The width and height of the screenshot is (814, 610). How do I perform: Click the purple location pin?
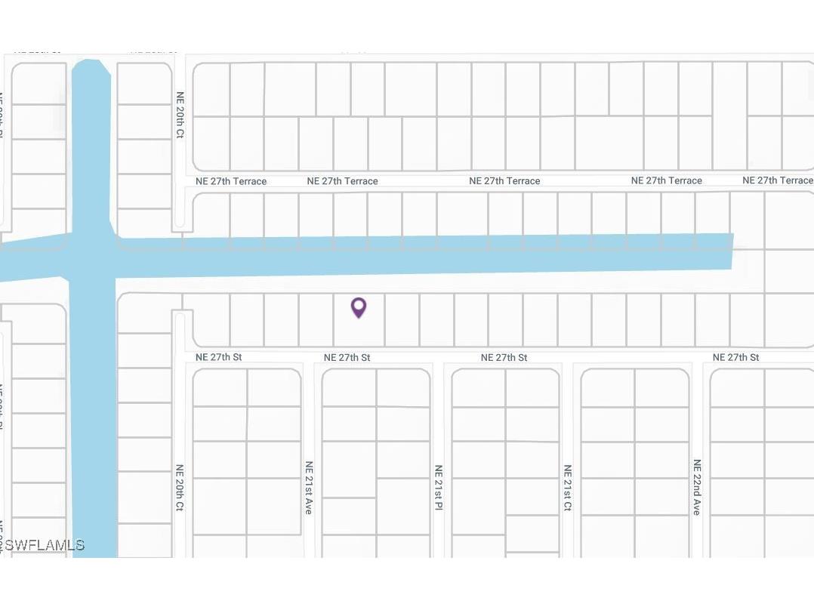pyautogui.click(x=359, y=307)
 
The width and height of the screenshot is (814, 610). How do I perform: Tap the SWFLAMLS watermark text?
pyautogui.click(x=45, y=545)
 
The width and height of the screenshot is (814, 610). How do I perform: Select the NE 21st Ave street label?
pyautogui.click(x=309, y=488)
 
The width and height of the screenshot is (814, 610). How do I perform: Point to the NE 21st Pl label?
pyautogui.click(x=438, y=488)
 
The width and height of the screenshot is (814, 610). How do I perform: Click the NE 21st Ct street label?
pyautogui.click(x=567, y=488)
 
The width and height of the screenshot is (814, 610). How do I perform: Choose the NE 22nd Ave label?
pyautogui.click(x=697, y=488)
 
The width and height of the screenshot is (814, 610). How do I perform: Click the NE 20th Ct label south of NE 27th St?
pyautogui.click(x=180, y=488)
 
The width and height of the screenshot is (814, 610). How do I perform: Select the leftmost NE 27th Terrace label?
pyautogui.click(x=231, y=181)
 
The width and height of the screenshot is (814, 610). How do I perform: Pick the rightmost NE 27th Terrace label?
pyautogui.click(x=778, y=180)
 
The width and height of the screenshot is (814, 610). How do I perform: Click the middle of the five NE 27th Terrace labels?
pyautogui.click(x=504, y=181)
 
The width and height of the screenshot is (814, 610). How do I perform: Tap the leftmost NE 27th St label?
pyautogui.click(x=218, y=357)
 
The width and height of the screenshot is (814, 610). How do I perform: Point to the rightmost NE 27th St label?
pyautogui.click(x=735, y=357)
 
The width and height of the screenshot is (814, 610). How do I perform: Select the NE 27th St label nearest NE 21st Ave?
pyautogui.click(x=347, y=357)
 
